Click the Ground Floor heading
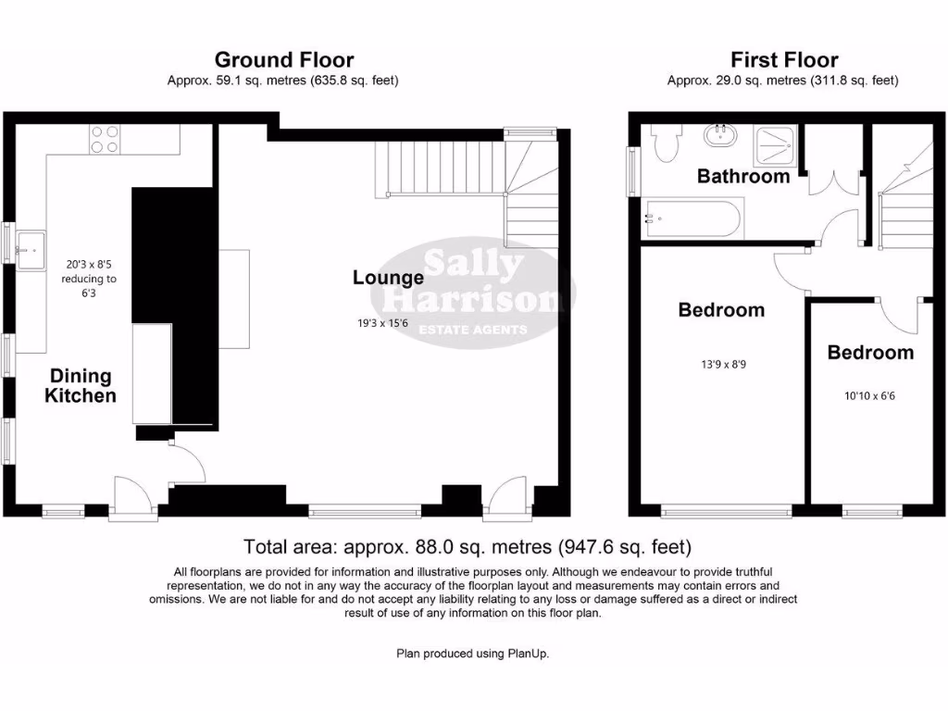coord(284,60)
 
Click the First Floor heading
coord(783,60)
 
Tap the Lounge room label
coord(388,277)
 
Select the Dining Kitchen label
coord(82,386)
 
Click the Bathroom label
coord(743,176)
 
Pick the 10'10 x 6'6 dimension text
coord(869,395)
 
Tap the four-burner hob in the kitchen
coord(105,139)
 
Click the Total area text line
coord(467,547)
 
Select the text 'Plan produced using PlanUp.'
coord(472,654)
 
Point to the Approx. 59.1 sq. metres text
coord(283,81)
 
